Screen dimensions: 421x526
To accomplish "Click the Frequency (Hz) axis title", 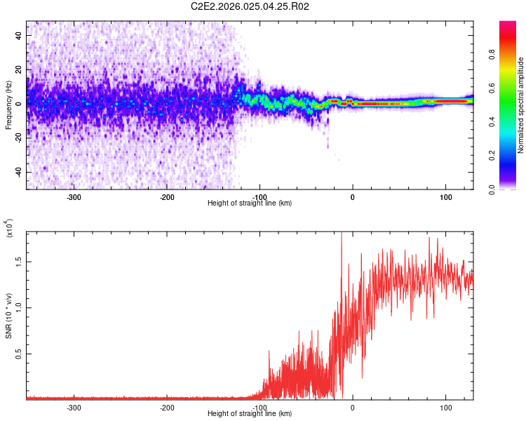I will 8,105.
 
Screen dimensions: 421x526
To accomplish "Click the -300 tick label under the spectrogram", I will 74,196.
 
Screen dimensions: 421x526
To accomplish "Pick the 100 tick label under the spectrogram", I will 445,196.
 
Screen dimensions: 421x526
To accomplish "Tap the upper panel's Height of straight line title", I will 250,203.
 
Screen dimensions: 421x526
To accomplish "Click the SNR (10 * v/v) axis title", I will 8,316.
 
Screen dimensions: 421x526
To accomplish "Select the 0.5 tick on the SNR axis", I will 19,354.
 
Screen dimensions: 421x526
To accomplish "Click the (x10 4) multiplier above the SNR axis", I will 10,229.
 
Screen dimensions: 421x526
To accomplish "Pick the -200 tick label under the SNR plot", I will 166,407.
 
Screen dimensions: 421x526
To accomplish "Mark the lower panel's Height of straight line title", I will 250,414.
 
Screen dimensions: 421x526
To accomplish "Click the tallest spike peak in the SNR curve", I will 342,234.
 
